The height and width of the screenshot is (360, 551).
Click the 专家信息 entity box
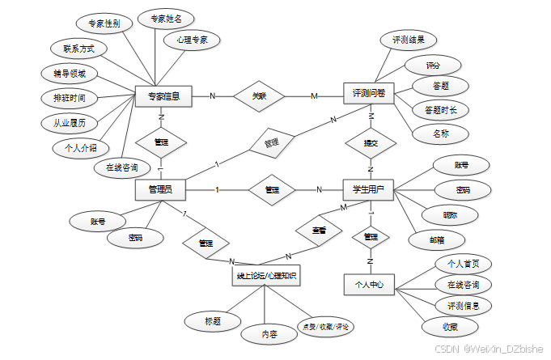coord(163,96)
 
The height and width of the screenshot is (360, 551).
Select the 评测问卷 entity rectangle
coord(368,94)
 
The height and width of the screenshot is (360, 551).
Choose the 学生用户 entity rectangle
coord(368,190)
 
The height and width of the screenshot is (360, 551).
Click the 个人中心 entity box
coord(368,285)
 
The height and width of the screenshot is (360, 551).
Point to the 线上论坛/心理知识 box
coord(265,277)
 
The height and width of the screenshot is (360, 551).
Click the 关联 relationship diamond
coord(259,95)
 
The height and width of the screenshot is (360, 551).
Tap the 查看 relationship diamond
coord(320,230)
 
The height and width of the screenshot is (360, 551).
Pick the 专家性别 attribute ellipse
coord(105,24)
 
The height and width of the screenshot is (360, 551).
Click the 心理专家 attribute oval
coord(187,40)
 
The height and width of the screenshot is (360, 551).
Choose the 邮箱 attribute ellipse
coord(435,239)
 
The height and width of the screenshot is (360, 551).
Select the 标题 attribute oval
coord(212,321)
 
